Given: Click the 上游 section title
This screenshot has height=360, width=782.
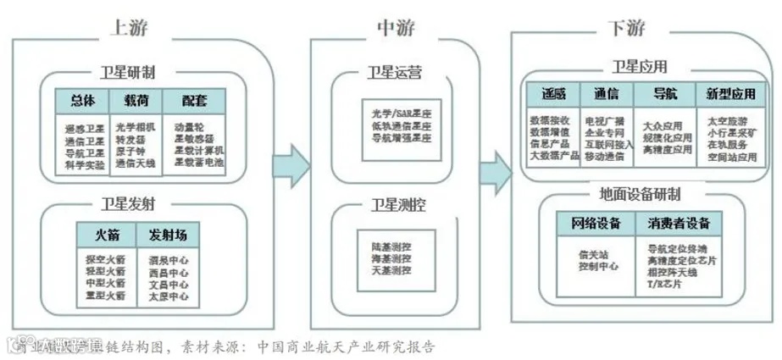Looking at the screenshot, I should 129,27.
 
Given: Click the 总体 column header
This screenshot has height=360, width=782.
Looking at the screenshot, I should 82,100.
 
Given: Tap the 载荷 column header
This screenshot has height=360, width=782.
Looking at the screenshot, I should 136,100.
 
